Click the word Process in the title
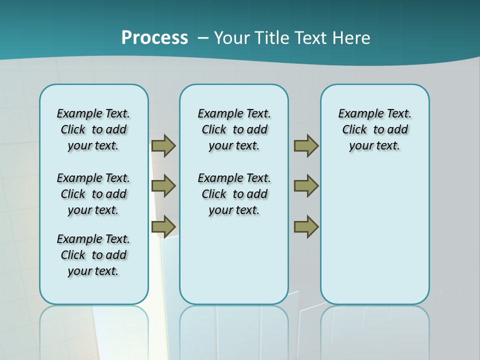pyautogui.click(x=154, y=37)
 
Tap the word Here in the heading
pyautogui.click(x=352, y=38)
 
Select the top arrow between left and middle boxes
pyautogui.click(x=163, y=145)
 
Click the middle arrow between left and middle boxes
pyautogui.click(x=163, y=186)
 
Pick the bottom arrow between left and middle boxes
pyautogui.click(x=163, y=226)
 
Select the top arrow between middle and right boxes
pyautogui.click(x=306, y=145)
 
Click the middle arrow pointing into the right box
pyautogui.click(x=306, y=186)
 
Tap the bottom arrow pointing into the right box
pyautogui.click(x=306, y=226)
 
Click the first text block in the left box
pyautogui.click(x=93, y=129)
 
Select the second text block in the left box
pyautogui.click(x=93, y=194)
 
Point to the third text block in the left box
pyautogui.click(x=93, y=255)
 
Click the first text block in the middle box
pyautogui.click(x=234, y=129)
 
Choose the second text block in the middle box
pyautogui.click(x=234, y=194)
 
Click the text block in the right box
pyautogui.click(x=375, y=129)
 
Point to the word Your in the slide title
pyautogui.click(x=232, y=38)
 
